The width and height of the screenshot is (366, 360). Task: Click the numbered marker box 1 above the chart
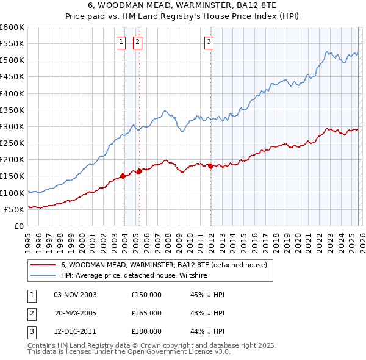(x=121, y=42)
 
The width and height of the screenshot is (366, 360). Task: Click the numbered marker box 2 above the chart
(x=137, y=42)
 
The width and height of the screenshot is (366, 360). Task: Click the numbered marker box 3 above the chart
(x=209, y=42)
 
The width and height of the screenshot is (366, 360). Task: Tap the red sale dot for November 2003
(x=123, y=176)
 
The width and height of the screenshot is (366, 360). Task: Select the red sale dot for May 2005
(x=140, y=171)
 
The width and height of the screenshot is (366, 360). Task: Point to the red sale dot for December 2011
(x=210, y=166)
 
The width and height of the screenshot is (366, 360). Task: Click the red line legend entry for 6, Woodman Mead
(x=164, y=265)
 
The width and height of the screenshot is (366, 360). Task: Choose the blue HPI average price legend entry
(x=134, y=276)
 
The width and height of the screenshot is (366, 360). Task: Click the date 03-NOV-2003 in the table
(x=76, y=295)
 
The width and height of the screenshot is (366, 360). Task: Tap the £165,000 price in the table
(x=146, y=313)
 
